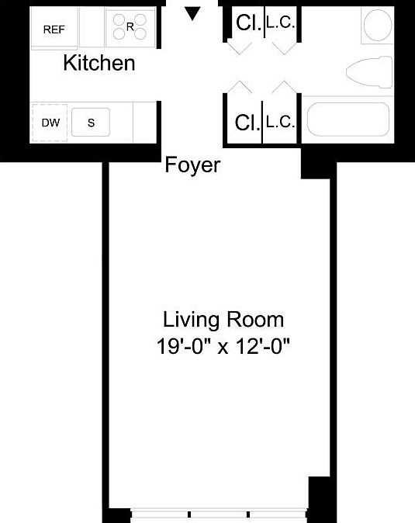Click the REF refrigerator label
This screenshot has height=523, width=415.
tap(54, 29)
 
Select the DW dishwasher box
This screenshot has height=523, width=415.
tap(50, 123)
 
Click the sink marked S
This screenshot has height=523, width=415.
tap(91, 123)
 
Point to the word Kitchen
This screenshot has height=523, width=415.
tap(99, 64)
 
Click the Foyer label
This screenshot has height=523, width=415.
tap(193, 165)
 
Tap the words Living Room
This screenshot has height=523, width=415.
tap(223, 319)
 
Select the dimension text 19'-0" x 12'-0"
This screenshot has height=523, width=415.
tap(223, 346)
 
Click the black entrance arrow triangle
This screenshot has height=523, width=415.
tap(193, 13)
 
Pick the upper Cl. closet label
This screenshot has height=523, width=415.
tap(247, 24)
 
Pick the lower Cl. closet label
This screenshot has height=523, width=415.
tap(247, 122)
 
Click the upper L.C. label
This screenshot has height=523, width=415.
tap(279, 23)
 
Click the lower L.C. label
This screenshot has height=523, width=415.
tap(279, 122)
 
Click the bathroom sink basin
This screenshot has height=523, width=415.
tap(379, 26)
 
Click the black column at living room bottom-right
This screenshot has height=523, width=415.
tap(320, 497)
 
